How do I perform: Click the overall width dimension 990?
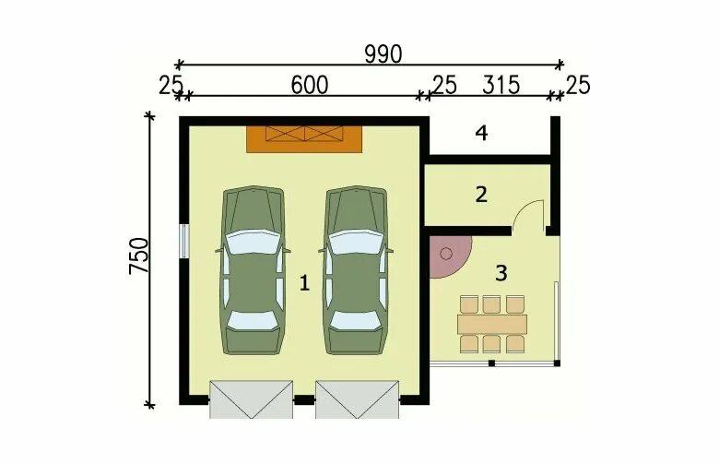pyautogui.click(x=383, y=54)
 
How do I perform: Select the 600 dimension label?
pyautogui.click(x=310, y=86)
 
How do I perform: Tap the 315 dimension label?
pyautogui.click(x=501, y=86)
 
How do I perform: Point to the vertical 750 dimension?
pyautogui.click(x=139, y=256)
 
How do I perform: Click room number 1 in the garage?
pyautogui.click(x=304, y=282)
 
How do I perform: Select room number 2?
pyautogui.click(x=481, y=195)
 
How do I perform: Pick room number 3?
pyautogui.click(x=501, y=273)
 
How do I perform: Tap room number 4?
pyautogui.click(x=481, y=133)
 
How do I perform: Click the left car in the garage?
pyautogui.click(x=253, y=270)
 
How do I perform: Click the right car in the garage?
pyautogui.click(x=356, y=270)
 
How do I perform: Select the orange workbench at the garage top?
pyautogui.click(x=304, y=139)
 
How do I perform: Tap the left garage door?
pyautogui.click(x=251, y=399)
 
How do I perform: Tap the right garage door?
pyautogui.click(x=357, y=399)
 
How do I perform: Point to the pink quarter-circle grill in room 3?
pyautogui.click(x=450, y=256)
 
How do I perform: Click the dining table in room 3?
pyautogui.click(x=492, y=325)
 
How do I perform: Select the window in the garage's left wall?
pyautogui.click(x=183, y=242)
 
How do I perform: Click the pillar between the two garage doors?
pyautogui.click(x=304, y=400)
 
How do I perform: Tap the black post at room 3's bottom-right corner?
pyautogui.click(x=557, y=363)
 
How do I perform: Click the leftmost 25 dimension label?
pyautogui.click(x=171, y=86)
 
